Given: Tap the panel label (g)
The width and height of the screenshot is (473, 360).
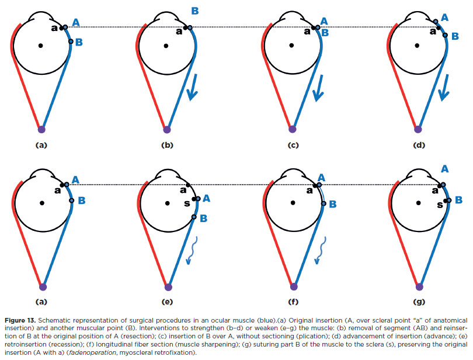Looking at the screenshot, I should tap(419, 303).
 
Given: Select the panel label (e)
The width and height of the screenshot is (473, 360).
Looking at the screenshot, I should tap(168, 303).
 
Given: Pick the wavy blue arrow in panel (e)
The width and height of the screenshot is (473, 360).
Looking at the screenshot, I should tap(190, 251).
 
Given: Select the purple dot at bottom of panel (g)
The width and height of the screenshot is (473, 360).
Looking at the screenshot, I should tap(419, 287).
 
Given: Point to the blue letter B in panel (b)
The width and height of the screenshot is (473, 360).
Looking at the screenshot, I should tap(195, 11).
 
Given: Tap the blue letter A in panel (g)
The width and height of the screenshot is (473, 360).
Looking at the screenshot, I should tap(445, 168).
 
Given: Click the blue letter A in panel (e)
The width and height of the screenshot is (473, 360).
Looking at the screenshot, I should tap(207, 199).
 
